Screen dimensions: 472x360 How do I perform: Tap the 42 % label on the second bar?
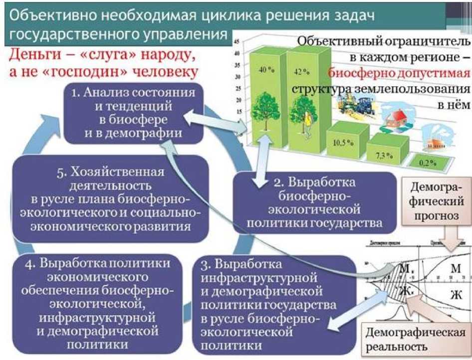pyautogui.click(x=301, y=71)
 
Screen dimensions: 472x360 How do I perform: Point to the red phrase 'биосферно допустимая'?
pyautogui.click(x=399, y=73)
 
